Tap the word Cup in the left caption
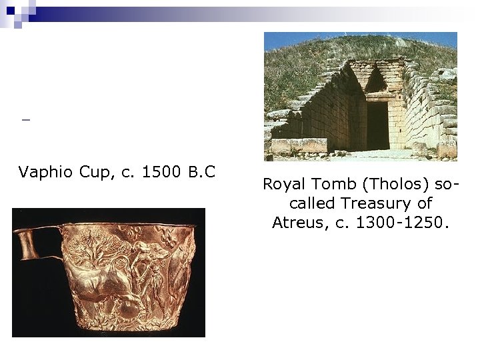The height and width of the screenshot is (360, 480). coord(94,173)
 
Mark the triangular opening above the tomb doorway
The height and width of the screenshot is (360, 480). coord(376,81)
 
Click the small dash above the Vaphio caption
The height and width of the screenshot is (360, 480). coord(25,121)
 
